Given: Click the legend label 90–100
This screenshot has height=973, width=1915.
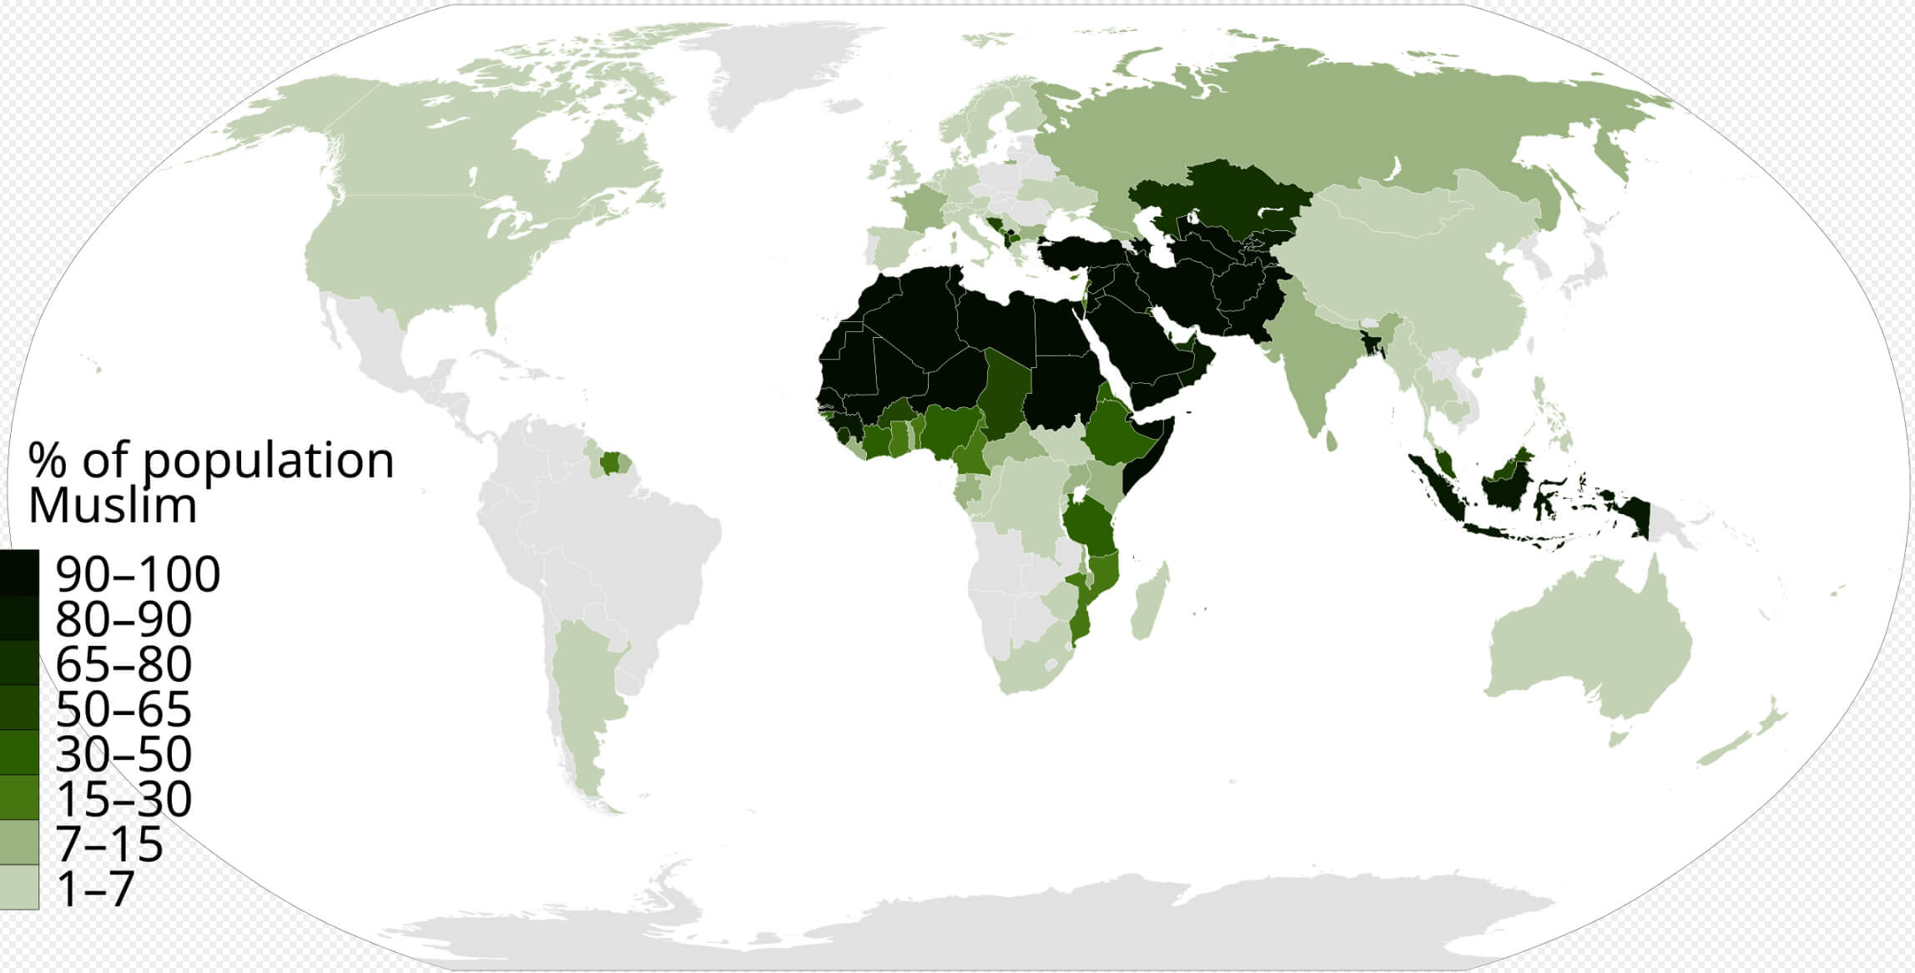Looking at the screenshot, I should click(138, 574).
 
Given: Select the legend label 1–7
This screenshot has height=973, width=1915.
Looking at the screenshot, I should click(95, 889).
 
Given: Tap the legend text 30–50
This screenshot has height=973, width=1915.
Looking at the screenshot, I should click(123, 754).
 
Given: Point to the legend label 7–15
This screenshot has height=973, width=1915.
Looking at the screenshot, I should click(109, 844).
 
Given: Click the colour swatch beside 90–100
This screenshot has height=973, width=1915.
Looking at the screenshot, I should click(18, 572).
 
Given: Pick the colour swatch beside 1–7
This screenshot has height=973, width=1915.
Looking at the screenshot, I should click(18, 887).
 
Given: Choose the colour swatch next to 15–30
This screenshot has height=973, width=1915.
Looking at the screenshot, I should click(18, 798).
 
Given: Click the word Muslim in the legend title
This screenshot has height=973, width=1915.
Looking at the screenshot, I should click(113, 505).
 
